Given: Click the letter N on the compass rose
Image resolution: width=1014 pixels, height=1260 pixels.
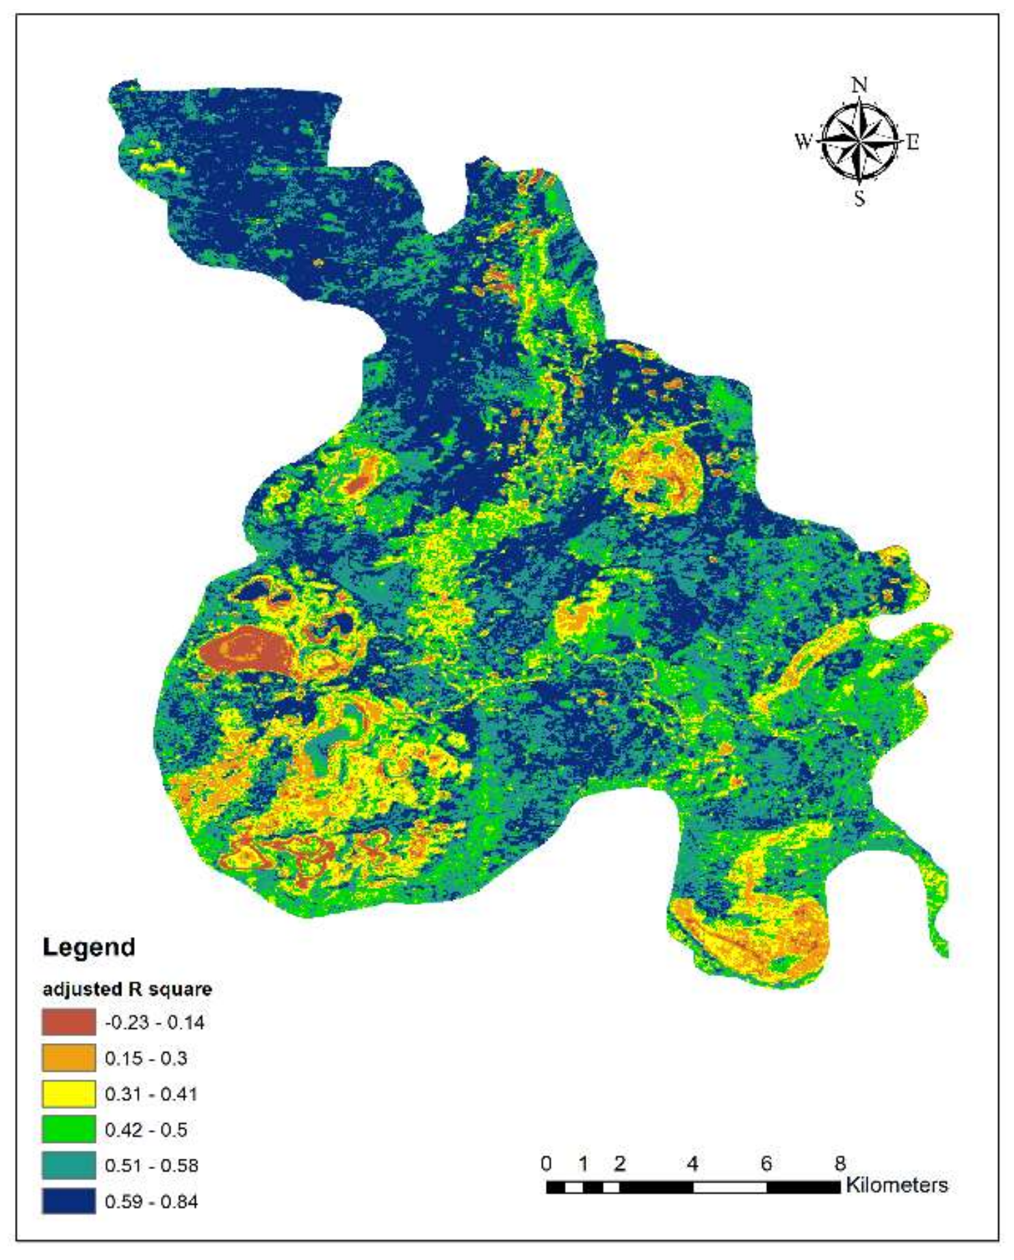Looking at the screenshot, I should coord(860,86).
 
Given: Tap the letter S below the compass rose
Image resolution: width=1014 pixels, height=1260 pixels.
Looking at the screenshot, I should coord(859,198).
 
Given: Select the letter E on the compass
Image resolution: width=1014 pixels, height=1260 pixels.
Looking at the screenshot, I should coord(913,142).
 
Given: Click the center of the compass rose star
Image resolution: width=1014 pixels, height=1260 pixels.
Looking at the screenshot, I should coord(860,141).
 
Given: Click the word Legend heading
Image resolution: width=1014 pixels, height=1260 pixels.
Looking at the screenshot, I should coord(88,947).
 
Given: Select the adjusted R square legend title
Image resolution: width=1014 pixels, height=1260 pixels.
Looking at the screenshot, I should coord(127,989).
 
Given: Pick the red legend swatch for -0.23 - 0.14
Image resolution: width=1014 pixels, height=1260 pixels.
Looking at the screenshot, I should coord(68,1022).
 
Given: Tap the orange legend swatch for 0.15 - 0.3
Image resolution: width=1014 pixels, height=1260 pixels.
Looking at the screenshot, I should coord(68,1058).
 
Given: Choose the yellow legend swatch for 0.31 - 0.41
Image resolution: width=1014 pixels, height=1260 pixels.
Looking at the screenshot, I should coord(68,1093).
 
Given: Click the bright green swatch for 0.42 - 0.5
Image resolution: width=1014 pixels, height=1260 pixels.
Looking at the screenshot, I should coord(68,1129).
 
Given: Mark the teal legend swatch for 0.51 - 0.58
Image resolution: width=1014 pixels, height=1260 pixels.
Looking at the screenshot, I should coord(68,1165).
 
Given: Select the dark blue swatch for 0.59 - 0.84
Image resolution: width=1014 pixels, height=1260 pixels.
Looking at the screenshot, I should coord(68,1200).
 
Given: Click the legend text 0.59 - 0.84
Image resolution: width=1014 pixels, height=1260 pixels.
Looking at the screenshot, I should coord(151,1201).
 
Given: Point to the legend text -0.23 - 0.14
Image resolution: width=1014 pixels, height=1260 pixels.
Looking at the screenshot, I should coord(155,1023).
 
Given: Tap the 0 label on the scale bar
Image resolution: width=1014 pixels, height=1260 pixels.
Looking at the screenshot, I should coord(546,1163).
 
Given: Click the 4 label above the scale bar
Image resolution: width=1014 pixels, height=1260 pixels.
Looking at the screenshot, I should coord(692,1163).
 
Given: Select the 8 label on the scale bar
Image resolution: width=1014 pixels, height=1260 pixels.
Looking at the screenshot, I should coord(840,1163).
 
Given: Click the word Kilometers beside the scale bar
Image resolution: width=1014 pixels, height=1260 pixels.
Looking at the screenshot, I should coord(897,1185).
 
